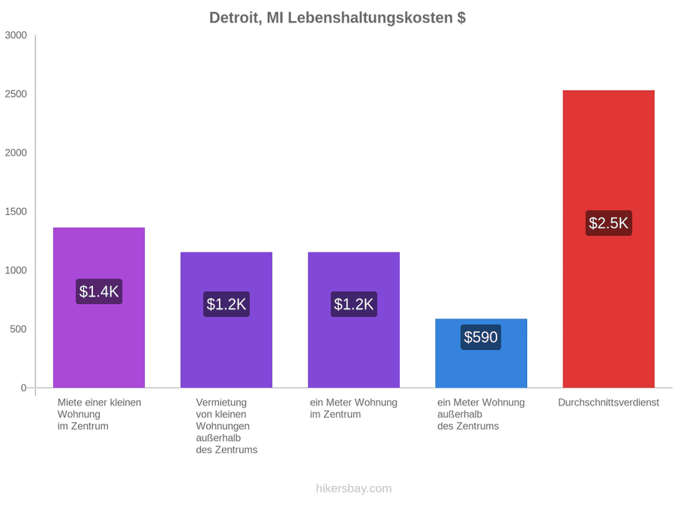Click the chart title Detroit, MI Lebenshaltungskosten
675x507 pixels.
pyautogui.click(x=337, y=18)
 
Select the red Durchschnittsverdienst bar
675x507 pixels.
pyautogui.click(x=609, y=239)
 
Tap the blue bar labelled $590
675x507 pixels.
pyautogui.click(x=481, y=353)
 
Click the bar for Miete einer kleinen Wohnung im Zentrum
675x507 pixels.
pyautogui.click(x=99, y=307)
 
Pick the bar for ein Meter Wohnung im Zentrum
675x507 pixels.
pyautogui.click(x=354, y=320)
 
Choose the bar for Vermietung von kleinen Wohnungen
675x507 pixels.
pyautogui.click(x=226, y=320)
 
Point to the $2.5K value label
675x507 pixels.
pyautogui.click(x=609, y=223)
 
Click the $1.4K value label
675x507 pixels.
pyautogui.click(x=99, y=291)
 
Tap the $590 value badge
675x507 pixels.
pyautogui.click(x=481, y=337)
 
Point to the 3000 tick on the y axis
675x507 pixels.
pyautogui.click(x=16, y=35)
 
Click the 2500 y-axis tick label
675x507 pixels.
pyautogui.click(x=16, y=94)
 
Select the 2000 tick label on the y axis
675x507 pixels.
pyautogui.click(x=16, y=152)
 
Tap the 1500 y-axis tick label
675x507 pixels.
pyautogui.click(x=16, y=212)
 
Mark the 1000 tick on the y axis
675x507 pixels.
pyautogui.click(x=16, y=270)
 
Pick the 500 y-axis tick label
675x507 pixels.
pyautogui.click(x=19, y=329)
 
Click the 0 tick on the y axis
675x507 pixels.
pyautogui.click(x=24, y=388)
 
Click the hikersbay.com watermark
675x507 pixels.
pyautogui.click(x=354, y=488)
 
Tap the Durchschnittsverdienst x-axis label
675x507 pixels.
pyautogui.click(x=609, y=403)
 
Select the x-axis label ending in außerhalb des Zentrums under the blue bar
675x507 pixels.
pyautogui.click(x=481, y=415)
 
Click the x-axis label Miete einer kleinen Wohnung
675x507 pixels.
pyautogui.click(x=99, y=415)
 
